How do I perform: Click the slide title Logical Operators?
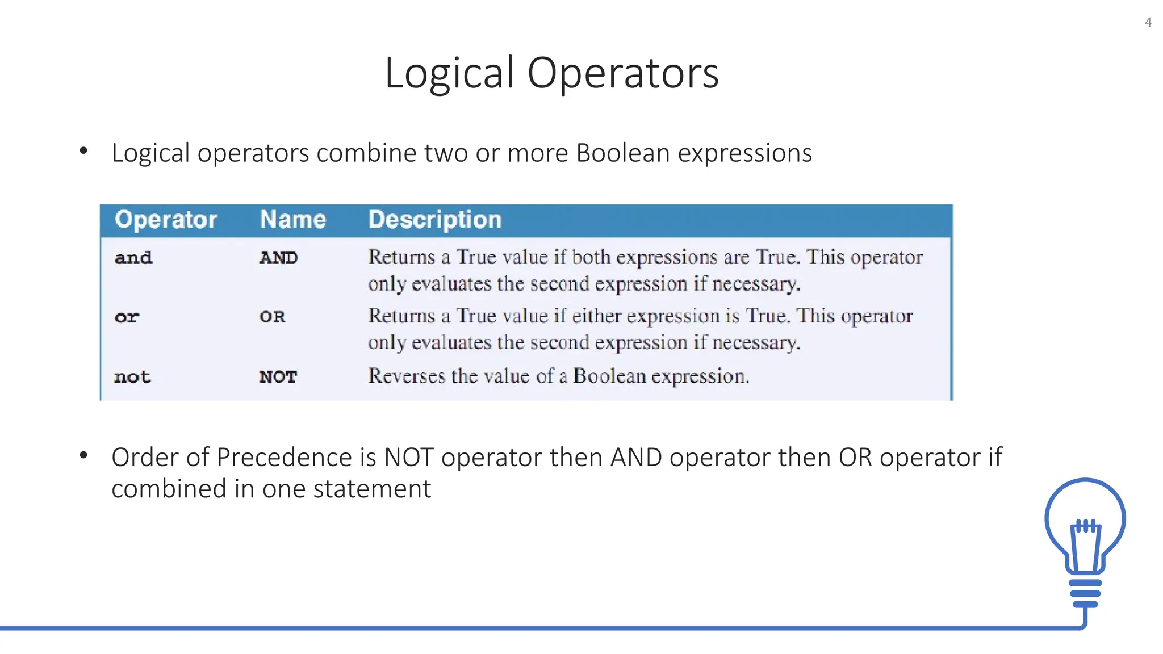tap(551, 73)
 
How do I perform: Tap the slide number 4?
tap(1148, 23)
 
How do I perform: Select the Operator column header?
tap(166, 220)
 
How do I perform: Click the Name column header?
tap(293, 220)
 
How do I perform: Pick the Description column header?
tap(435, 220)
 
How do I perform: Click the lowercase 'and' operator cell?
tap(133, 258)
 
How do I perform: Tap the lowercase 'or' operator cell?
tap(127, 317)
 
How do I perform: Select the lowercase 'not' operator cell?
tap(132, 377)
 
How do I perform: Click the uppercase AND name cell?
tap(278, 258)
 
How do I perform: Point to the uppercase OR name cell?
tap(272, 317)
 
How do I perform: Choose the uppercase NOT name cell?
tap(278, 377)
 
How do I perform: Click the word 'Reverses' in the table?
tap(407, 376)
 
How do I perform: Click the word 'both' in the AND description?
tap(591, 257)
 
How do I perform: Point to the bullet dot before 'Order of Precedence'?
tap(84, 455)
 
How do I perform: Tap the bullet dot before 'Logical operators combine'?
tap(84, 150)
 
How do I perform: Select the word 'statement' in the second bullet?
tap(372, 489)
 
